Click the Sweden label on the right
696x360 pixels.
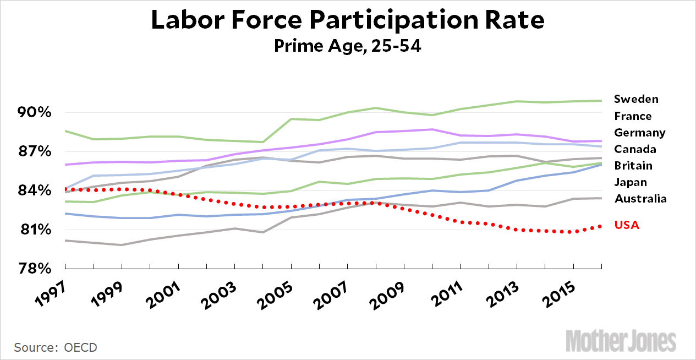pyautogui.click(x=636, y=99)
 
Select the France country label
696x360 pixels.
pyautogui.click(x=633, y=116)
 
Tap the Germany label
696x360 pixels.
pyautogui.click(x=639, y=133)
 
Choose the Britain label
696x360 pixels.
pyautogui.click(x=633, y=166)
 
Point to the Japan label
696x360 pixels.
pyautogui.click(x=631, y=182)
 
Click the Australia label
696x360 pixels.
pyautogui.click(x=640, y=199)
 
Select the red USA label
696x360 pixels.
pyautogui.click(x=627, y=225)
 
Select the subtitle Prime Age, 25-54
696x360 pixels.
pyautogui.click(x=348, y=46)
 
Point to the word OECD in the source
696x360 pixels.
pyautogui.click(x=80, y=348)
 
